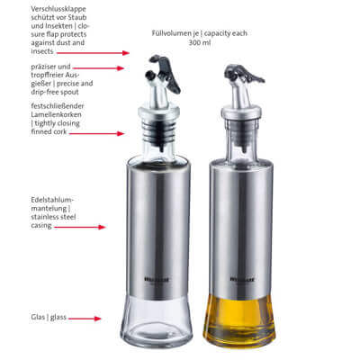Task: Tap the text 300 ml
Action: (x=200, y=43)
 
